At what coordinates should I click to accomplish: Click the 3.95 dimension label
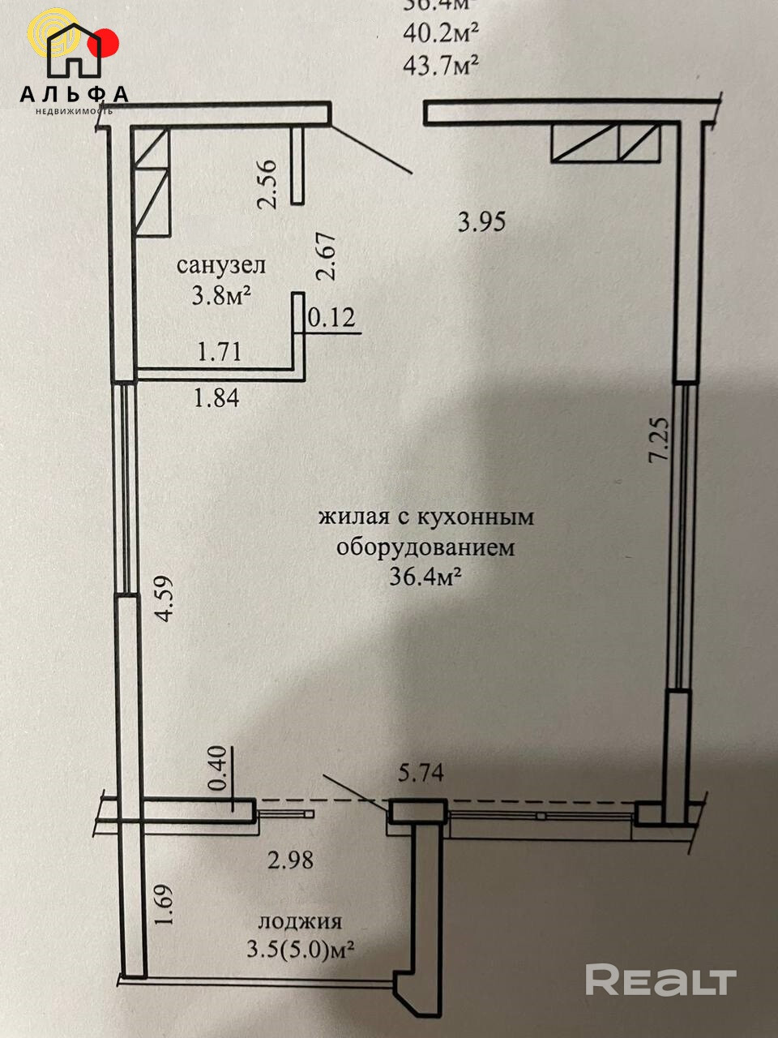481,221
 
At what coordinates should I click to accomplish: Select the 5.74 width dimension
420,774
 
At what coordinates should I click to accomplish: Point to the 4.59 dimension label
165,598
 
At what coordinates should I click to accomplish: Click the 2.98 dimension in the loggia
290,860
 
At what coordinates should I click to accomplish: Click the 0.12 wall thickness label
331,318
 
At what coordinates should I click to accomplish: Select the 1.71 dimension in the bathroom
219,353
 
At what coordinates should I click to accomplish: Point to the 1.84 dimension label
216,398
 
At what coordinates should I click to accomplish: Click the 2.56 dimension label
267,182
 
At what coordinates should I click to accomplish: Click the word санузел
220,265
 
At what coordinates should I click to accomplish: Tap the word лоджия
300,921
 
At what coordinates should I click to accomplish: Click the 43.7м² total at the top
438,66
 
